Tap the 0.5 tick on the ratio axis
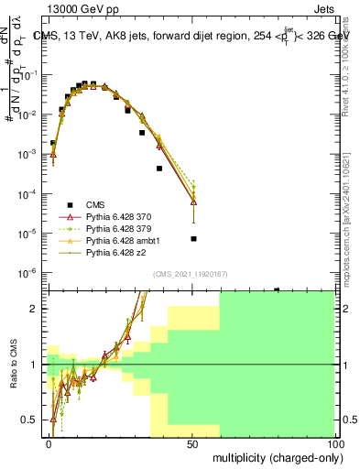click(32, 420)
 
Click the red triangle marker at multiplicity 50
click(193, 202)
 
